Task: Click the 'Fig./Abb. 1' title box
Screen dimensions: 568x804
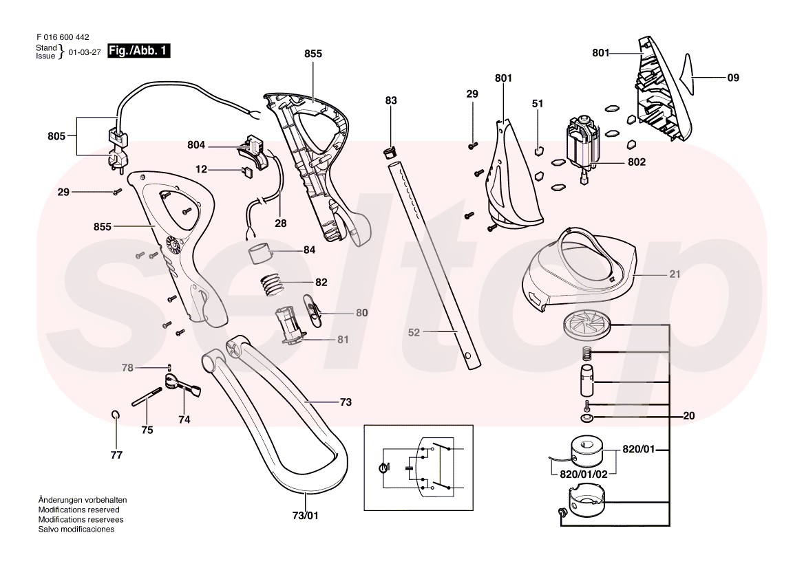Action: point(138,51)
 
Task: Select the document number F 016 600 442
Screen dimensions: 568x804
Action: point(61,38)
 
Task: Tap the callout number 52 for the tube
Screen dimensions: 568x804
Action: point(414,332)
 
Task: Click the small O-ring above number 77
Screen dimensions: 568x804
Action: point(116,414)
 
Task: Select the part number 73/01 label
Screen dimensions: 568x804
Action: point(306,515)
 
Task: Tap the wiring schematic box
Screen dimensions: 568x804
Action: point(419,468)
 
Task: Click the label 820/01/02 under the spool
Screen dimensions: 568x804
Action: point(583,474)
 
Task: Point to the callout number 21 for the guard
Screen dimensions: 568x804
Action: point(675,274)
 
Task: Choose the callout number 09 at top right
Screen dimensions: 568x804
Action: point(733,78)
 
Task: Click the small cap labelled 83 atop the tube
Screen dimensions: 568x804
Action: point(389,150)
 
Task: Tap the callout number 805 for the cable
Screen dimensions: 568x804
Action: point(56,136)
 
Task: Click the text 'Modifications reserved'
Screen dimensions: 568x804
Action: point(79,510)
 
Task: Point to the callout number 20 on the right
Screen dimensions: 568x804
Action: point(689,416)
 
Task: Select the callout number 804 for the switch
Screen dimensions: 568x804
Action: point(196,145)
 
